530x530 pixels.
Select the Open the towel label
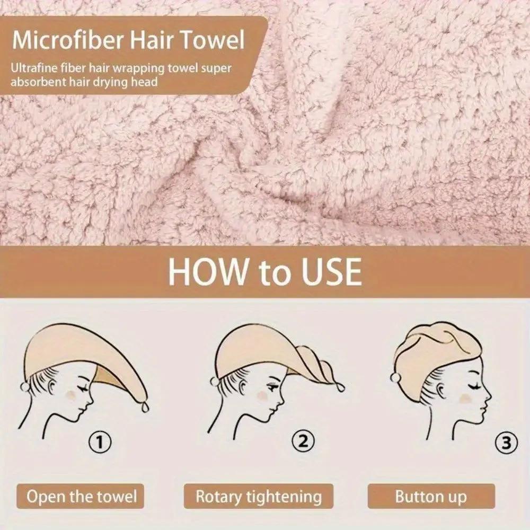click(82, 497)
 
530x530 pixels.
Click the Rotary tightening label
click(259, 497)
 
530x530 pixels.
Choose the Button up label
click(430, 497)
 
